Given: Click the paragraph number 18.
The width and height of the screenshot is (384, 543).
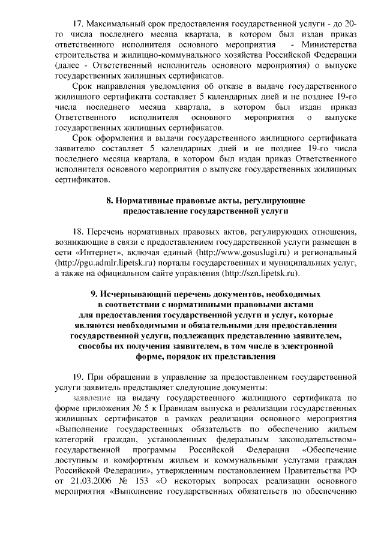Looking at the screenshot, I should coord(77,232).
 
